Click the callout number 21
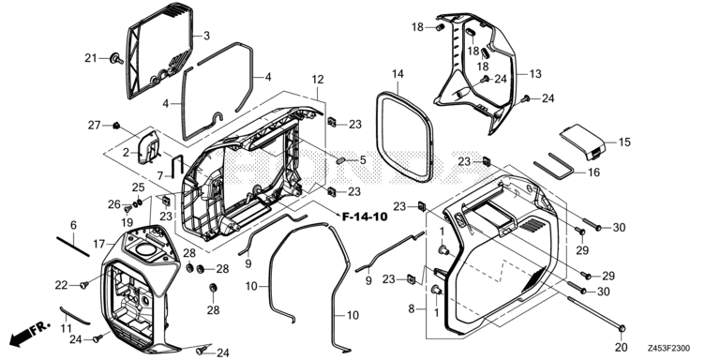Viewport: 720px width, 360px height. point(91,58)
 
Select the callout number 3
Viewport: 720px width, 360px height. point(205,36)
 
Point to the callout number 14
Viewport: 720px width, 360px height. point(397,73)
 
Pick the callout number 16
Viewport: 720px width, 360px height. point(620,173)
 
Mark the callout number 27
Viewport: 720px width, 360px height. point(94,126)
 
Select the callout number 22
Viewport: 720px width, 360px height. point(62,285)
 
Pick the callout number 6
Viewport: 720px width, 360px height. point(73,225)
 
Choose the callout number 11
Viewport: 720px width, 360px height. point(65,327)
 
